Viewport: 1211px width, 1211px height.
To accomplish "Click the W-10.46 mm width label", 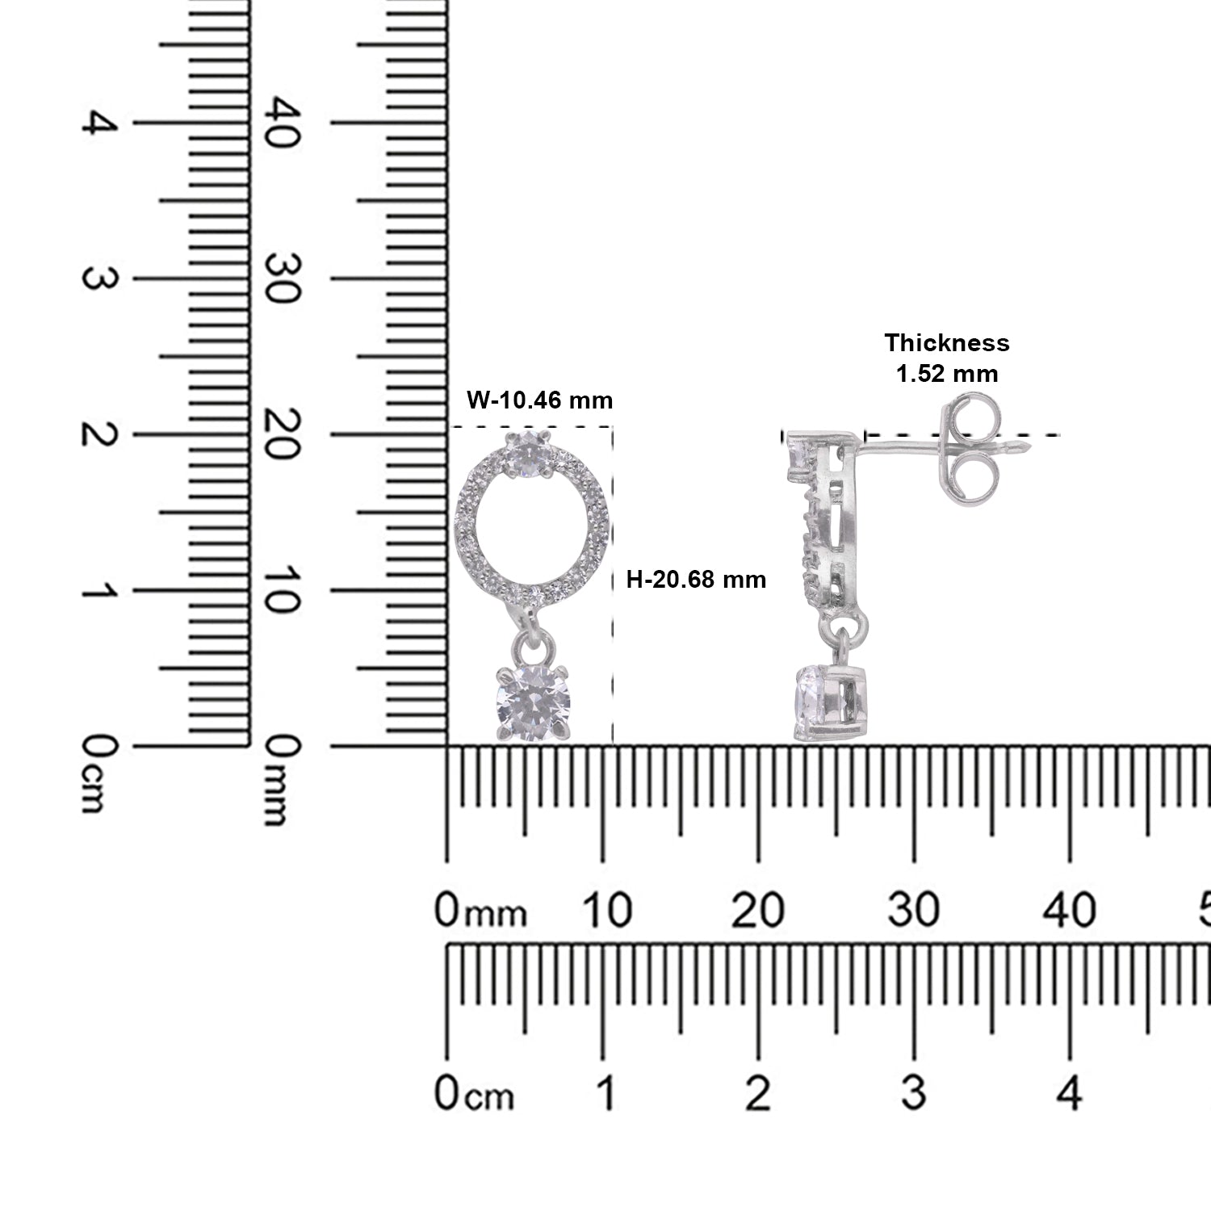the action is coord(540,400).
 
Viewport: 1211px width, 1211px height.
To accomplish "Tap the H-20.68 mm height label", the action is coord(697,579).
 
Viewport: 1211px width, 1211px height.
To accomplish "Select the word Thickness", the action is coord(947,342).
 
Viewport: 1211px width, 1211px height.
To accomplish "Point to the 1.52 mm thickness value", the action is coord(947,374).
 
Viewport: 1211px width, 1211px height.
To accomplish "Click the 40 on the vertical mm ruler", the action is coord(284,123).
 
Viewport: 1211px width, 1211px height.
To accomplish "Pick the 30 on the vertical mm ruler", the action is coord(284,279).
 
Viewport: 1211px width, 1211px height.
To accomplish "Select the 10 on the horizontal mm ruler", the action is coord(606,911).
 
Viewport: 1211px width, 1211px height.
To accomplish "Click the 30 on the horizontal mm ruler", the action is coord(913,911).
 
